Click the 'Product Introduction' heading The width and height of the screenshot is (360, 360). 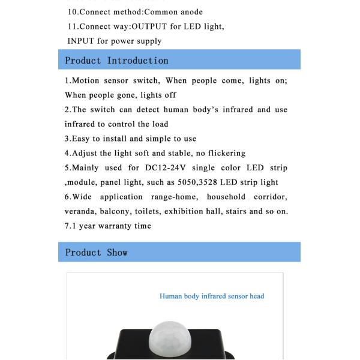click(x=116, y=61)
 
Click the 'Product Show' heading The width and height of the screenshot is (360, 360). click(x=96, y=253)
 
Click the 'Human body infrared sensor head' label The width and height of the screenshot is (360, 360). click(x=212, y=296)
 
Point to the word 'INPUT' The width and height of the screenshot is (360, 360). click(x=81, y=41)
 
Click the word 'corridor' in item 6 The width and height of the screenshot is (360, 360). click(x=270, y=197)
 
